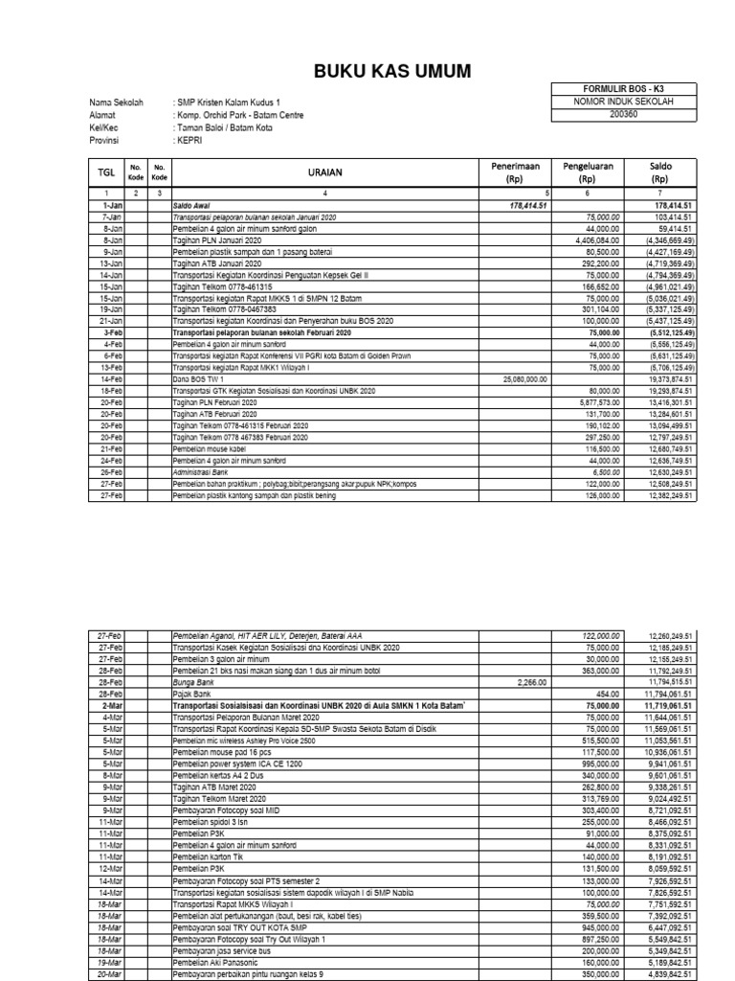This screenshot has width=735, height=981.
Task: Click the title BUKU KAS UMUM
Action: click(367, 73)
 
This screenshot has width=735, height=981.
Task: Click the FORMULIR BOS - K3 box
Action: click(623, 89)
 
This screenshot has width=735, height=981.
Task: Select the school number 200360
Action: click(623, 114)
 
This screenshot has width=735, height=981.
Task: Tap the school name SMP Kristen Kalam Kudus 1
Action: click(229, 102)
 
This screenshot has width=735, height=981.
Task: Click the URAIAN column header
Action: click(324, 172)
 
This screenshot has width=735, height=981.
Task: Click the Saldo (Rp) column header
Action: click(659, 172)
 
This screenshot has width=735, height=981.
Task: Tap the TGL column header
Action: click(106, 172)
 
